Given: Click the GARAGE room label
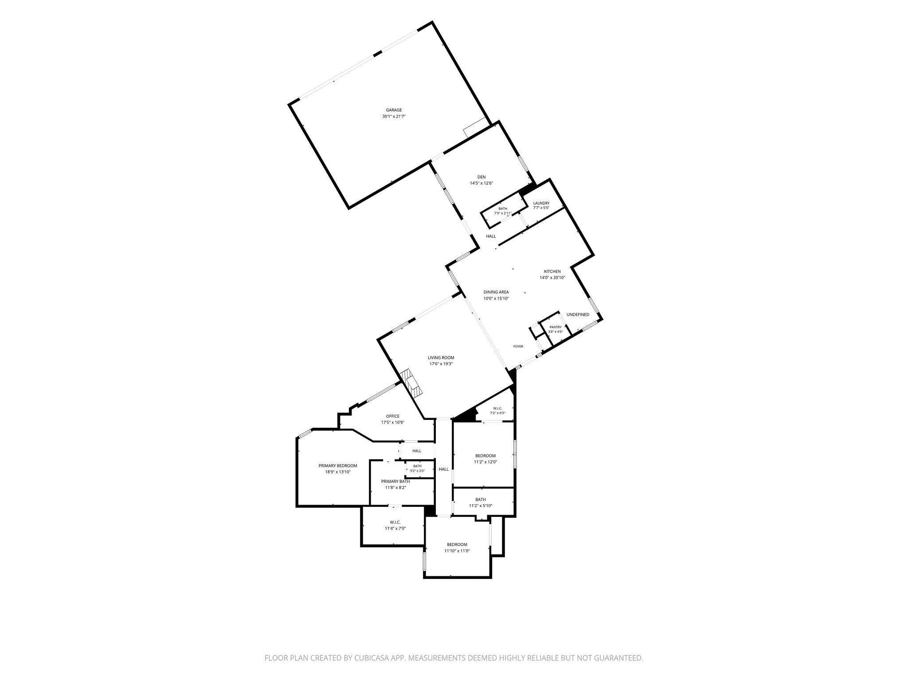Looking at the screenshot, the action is (394, 110).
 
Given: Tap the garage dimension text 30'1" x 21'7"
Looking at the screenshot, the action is (394, 117).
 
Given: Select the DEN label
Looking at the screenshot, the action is (481, 177).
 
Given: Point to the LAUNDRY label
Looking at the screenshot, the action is (541, 204).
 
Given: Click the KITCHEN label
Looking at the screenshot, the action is (552, 271).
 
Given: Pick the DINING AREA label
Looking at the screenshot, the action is (496, 292).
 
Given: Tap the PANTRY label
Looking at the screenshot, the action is (556, 327).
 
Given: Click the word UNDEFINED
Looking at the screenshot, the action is (578, 315).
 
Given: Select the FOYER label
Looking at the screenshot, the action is (518, 346).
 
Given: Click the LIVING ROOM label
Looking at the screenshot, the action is (441, 358).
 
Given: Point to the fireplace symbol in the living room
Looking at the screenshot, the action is (411, 384).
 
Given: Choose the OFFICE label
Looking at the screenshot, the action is (393, 416).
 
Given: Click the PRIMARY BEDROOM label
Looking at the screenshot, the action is (338, 466).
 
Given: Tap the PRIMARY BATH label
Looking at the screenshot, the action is (395, 481).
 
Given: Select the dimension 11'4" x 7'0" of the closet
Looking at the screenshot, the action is (395, 528).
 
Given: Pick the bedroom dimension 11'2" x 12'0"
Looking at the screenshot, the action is (485, 462).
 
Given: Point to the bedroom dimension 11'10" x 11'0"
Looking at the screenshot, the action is (457, 551).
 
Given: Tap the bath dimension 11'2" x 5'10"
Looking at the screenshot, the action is (481, 506).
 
